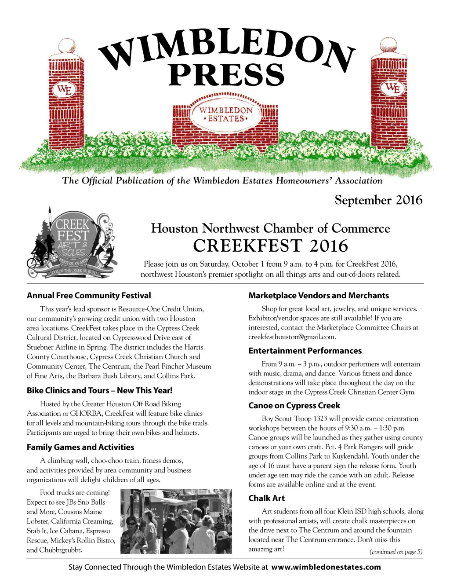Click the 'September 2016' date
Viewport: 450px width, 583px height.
click(378, 200)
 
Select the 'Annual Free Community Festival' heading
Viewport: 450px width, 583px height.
click(89, 296)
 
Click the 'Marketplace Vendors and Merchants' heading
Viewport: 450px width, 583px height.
click(319, 296)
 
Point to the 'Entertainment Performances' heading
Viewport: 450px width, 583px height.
click(305, 351)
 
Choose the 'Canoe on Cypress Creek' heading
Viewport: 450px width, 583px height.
click(294, 406)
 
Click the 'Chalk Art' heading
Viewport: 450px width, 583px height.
click(266, 498)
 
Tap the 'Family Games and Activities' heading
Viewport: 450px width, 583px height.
click(80, 447)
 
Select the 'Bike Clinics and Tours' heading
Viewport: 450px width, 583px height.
click(99, 390)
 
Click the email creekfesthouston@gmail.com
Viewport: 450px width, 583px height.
click(292, 337)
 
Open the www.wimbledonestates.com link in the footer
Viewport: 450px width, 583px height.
click(326, 567)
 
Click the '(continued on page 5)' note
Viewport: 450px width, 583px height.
click(396, 552)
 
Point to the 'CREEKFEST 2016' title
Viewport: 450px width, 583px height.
click(270, 246)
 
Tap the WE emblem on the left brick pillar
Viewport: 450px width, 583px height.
click(64, 90)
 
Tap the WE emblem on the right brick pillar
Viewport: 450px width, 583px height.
click(392, 88)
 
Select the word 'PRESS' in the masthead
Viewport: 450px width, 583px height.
click(227, 75)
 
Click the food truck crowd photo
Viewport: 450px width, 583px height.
click(176, 521)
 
